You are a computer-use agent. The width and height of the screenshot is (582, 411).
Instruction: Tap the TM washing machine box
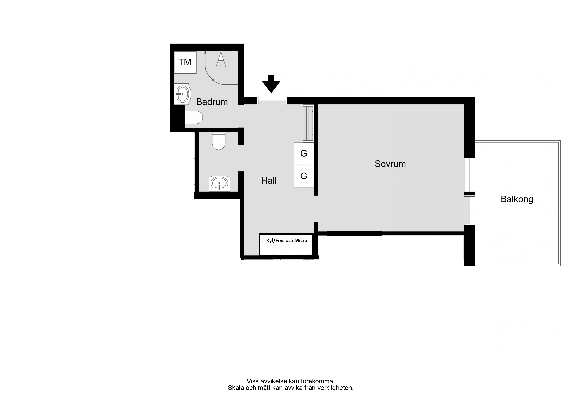(185, 62)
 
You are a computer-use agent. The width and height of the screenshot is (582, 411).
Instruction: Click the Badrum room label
(212, 102)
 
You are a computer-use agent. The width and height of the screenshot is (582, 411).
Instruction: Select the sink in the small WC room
(219, 184)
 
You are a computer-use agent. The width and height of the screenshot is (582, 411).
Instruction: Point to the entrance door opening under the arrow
(272, 100)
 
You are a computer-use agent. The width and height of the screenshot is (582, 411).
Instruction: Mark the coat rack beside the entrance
(308, 123)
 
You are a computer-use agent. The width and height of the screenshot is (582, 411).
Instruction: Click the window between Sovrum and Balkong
(470, 175)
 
